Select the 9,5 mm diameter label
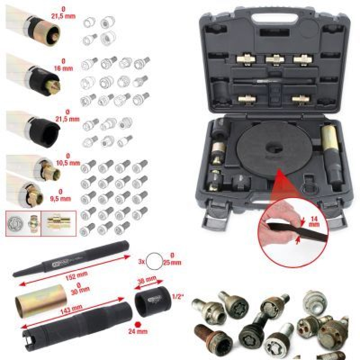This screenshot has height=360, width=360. (68, 184)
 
